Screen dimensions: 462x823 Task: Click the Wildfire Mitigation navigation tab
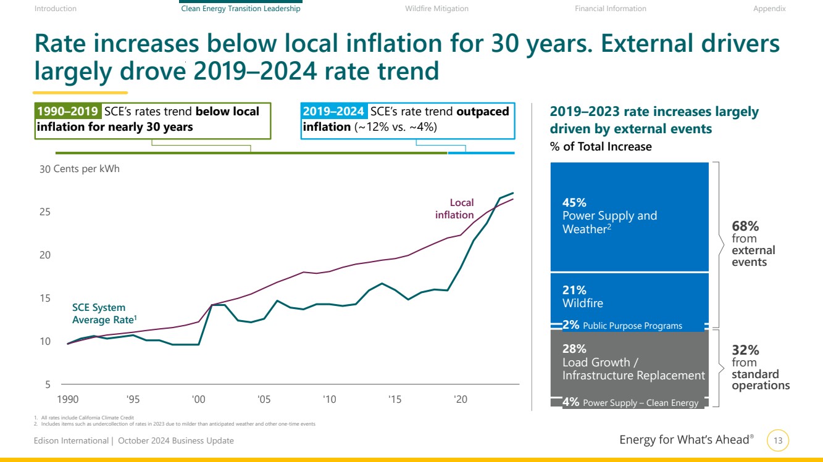point(437,9)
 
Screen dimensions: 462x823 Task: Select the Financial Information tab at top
point(610,9)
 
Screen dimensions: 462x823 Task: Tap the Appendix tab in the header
point(769,9)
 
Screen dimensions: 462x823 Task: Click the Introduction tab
point(56,9)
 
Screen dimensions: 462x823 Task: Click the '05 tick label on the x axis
point(264,399)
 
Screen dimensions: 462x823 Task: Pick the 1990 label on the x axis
point(67,399)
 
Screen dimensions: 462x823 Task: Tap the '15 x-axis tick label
point(395,399)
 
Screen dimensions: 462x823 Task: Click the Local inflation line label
point(455,208)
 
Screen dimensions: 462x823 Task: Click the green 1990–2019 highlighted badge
point(68,112)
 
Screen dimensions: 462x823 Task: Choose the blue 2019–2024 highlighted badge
point(333,112)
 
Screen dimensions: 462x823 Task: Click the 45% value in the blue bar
point(574,202)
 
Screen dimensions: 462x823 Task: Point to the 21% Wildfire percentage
point(574,290)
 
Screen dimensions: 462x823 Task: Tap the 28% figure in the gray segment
point(574,349)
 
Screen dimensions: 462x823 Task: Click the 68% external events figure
point(745,226)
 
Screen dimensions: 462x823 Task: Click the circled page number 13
point(778,440)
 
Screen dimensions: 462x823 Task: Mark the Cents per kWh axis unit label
point(86,169)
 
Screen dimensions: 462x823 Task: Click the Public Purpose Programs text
point(632,326)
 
